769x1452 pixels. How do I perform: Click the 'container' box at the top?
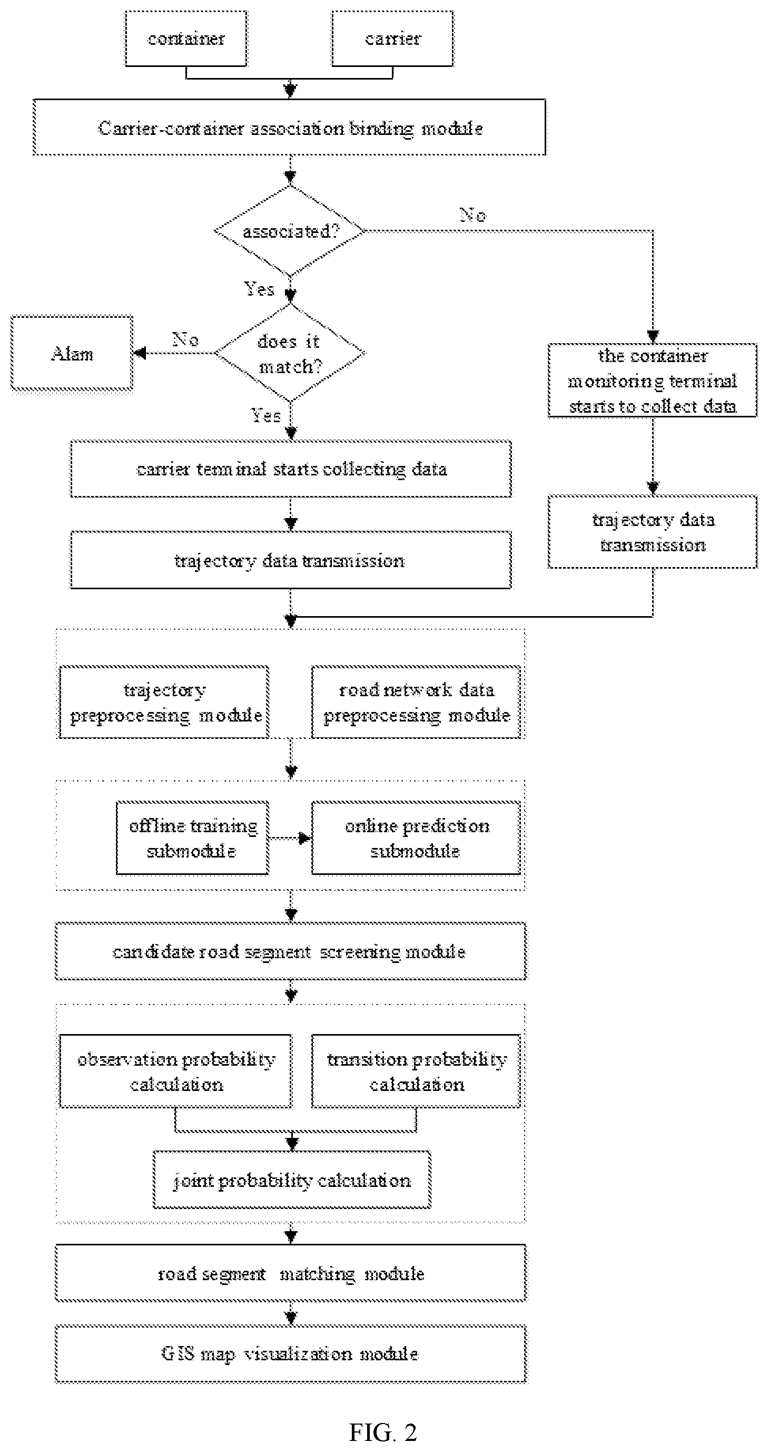click(x=186, y=38)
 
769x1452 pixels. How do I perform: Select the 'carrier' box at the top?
click(x=393, y=38)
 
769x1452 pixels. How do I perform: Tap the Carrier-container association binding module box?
click(x=290, y=128)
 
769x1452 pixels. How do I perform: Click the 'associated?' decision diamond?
click(x=290, y=230)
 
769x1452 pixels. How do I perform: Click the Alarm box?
click(x=72, y=354)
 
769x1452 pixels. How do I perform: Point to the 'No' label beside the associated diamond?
click(x=472, y=215)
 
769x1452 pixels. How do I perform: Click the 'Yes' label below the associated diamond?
click(x=259, y=289)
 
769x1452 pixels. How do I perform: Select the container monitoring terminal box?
click(x=653, y=381)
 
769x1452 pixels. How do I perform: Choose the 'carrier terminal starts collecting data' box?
click(x=291, y=469)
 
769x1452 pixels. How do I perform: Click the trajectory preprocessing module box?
click(x=164, y=702)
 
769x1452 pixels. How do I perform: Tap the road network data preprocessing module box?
click(x=416, y=702)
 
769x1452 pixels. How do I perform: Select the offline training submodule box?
click(x=193, y=837)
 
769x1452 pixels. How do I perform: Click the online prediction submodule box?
click(x=416, y=837)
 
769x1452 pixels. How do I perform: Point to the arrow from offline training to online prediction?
click(x=290, y=838)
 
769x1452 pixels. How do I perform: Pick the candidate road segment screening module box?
click(x=290, y=951)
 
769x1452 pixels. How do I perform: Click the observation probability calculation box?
click(x=176, y=1071)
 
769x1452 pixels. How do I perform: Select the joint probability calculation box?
click(x=292, y=1179)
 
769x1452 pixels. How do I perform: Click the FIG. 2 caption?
click(x=383, y=1431)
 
